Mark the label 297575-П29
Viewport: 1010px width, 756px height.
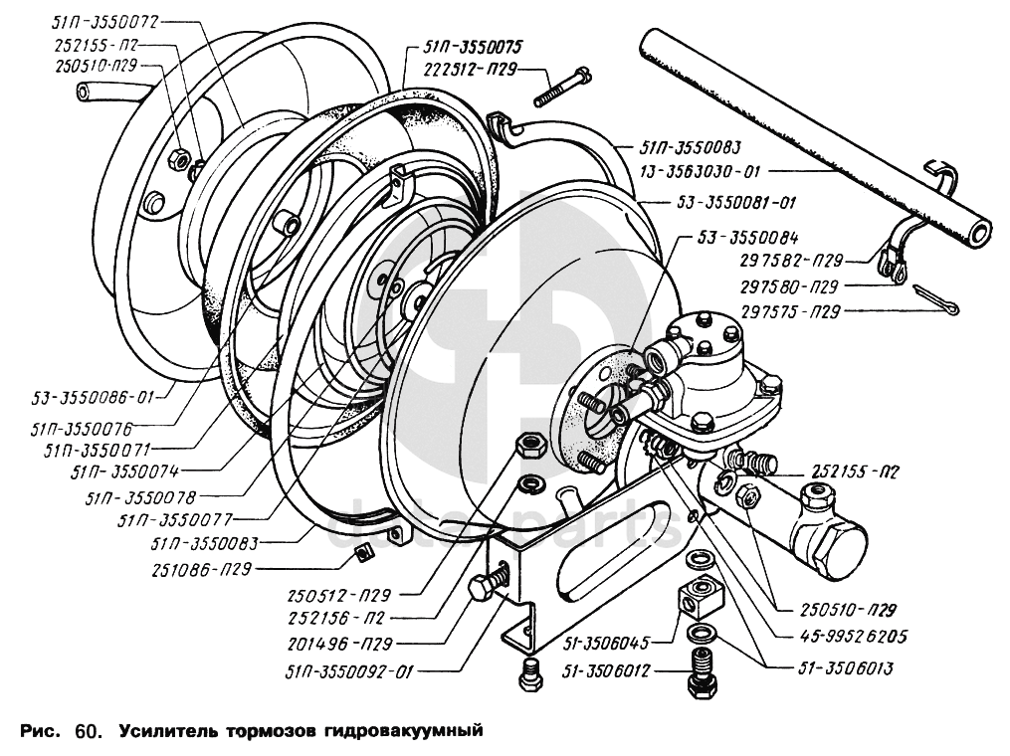792,312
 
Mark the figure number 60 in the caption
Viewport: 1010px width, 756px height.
88,734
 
